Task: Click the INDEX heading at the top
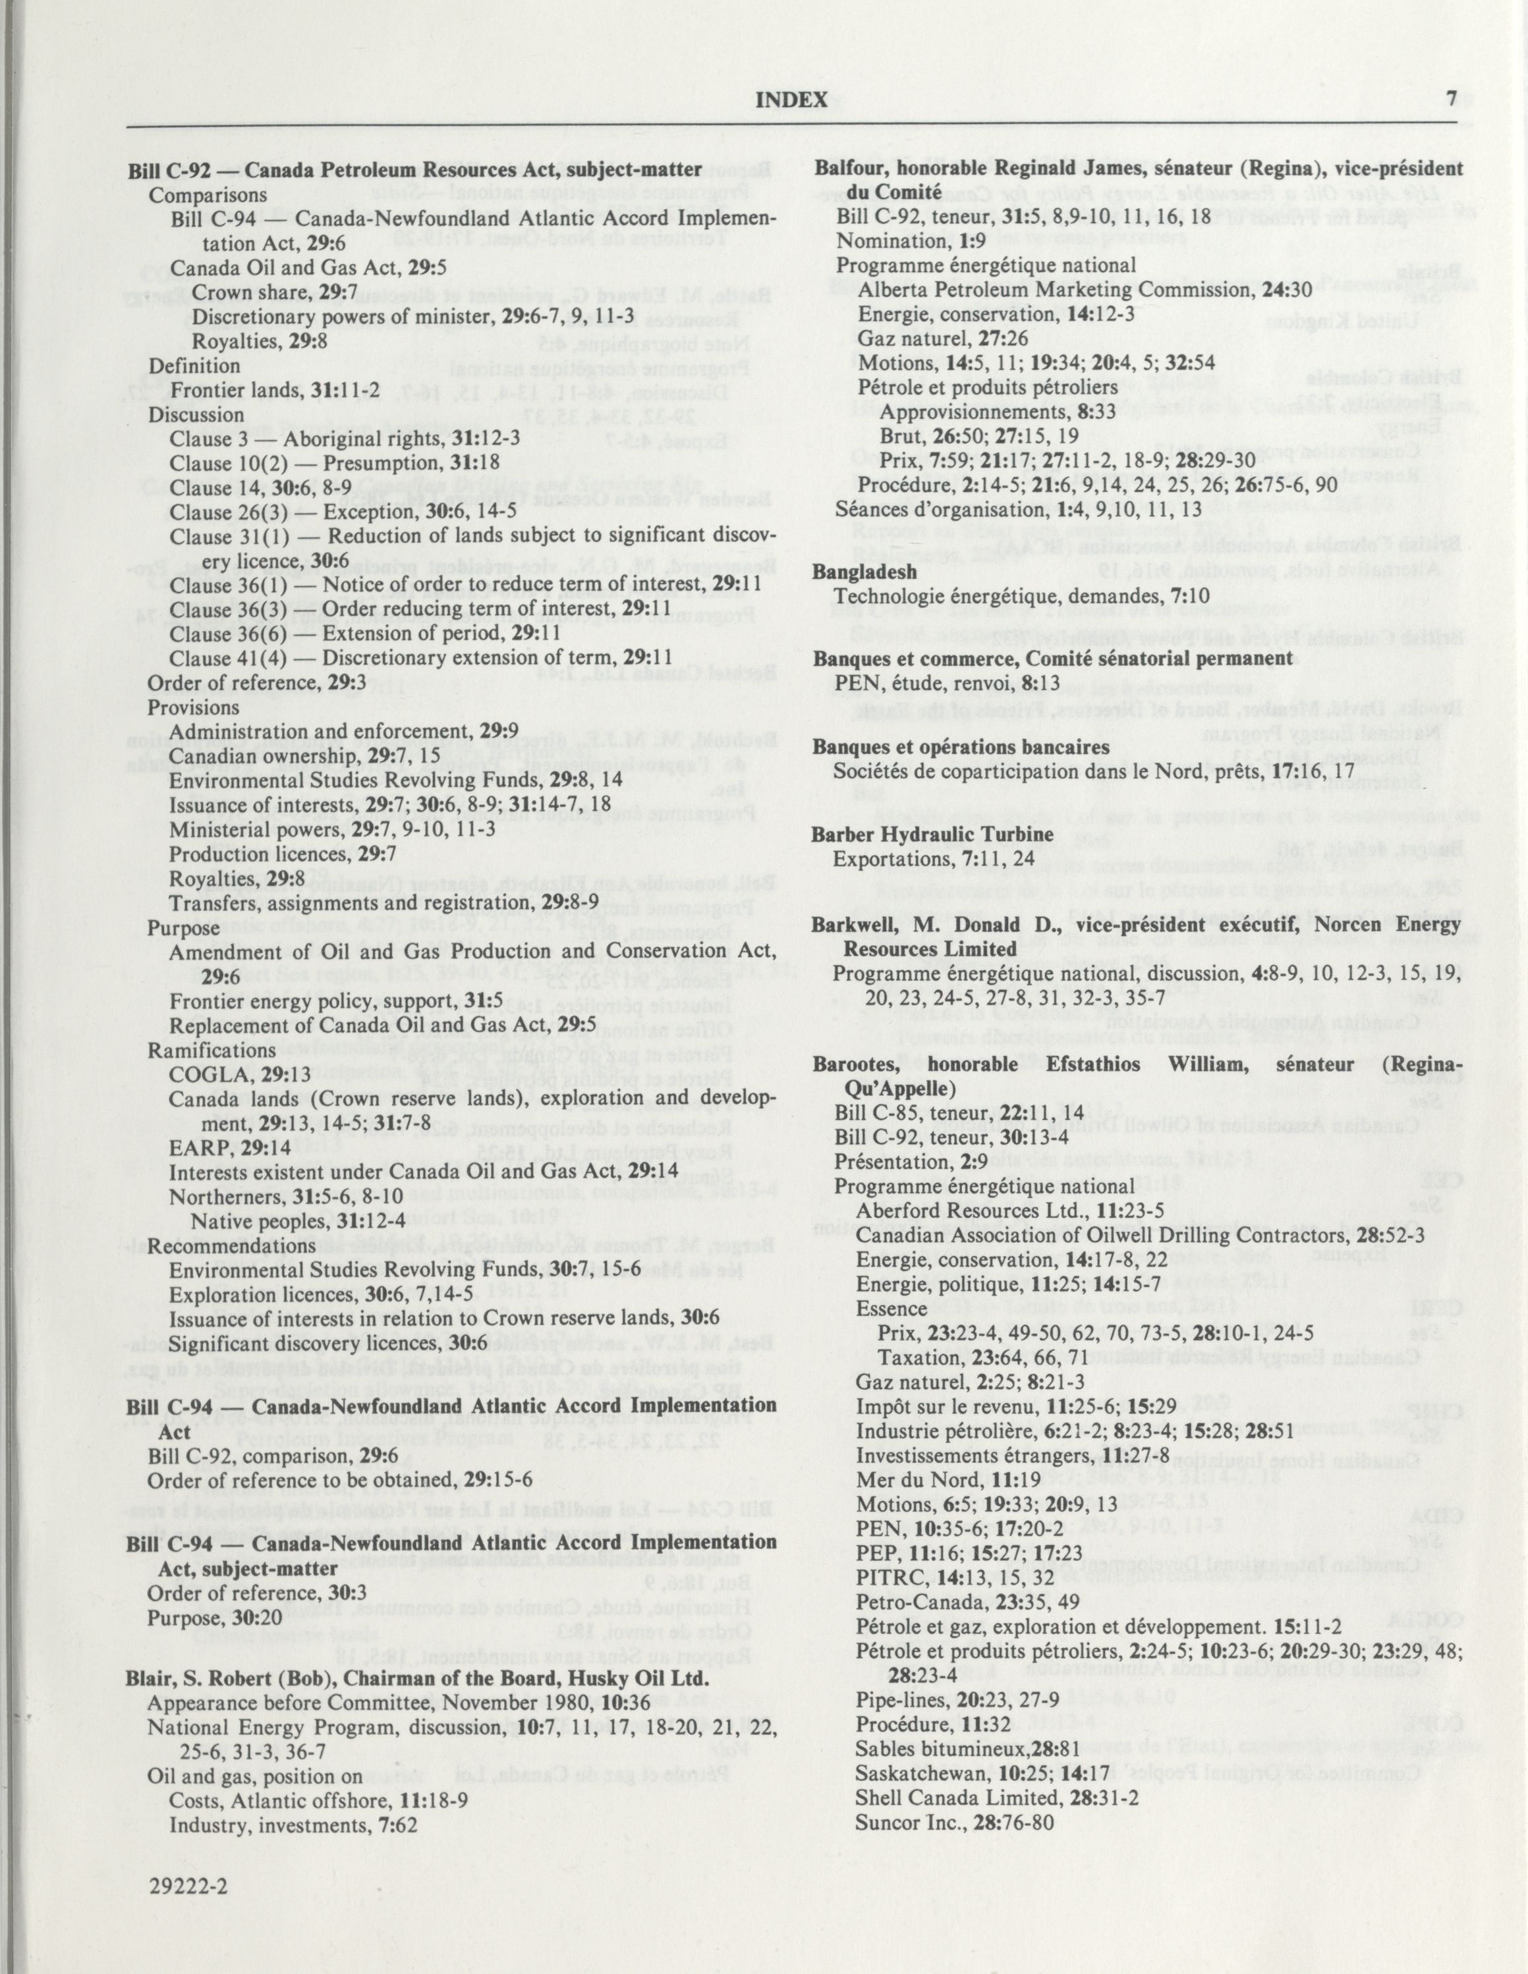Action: coord(791,99)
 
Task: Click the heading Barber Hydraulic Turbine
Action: coord(932,835)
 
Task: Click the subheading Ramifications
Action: coord(200,1051)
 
